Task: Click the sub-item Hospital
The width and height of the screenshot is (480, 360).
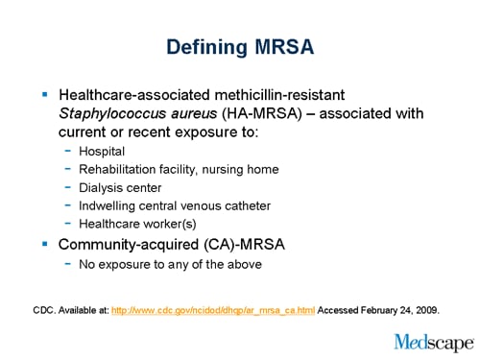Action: pyautogui.click(x=102, y=151)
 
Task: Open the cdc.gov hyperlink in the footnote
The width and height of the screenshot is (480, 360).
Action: pyautogui.click(x=213, y=312)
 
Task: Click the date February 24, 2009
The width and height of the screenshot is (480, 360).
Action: pyautogui.click(x=408, y=312)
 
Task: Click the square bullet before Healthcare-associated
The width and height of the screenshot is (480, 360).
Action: pyautogui.click(x=44, y=96)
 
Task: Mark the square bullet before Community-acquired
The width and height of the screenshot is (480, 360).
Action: pyautogui.click(x=44, y=243)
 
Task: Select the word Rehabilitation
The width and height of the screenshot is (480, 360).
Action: pyautogui.click(x=119, y=169)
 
